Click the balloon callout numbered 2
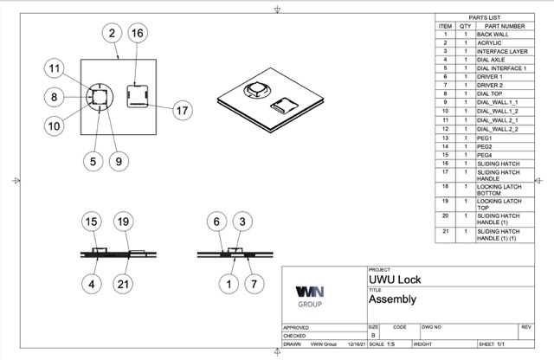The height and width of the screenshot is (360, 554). point(112,34)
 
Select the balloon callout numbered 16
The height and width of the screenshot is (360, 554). point(137,34)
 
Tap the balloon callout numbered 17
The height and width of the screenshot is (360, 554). point(182,110)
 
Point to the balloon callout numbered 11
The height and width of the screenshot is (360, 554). point(55,69)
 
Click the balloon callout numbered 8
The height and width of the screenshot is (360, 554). point(53,98)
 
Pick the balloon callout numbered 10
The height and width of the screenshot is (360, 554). point(55,125)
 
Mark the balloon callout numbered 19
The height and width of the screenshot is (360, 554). point(123,222)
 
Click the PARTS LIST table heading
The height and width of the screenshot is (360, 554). point(484,17)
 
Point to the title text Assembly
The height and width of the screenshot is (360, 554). point(392,300)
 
